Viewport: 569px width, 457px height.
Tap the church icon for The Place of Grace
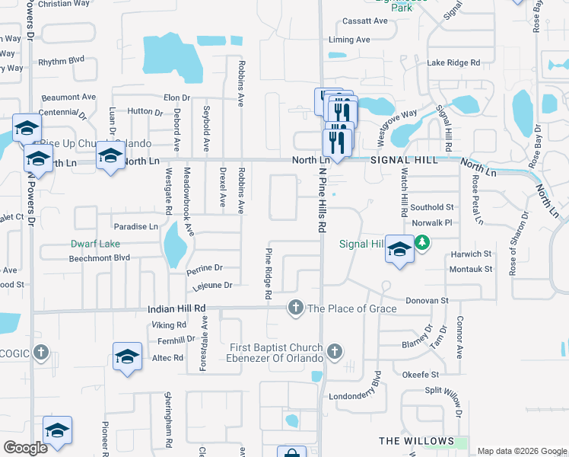295,308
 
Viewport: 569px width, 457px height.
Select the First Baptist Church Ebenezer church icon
335,353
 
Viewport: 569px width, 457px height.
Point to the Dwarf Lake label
96,244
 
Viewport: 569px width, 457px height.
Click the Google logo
25,448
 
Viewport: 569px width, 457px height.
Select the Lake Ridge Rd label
453,62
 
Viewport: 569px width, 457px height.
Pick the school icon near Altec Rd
127,356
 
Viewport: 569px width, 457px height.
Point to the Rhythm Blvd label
62,60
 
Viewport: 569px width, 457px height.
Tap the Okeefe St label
421,375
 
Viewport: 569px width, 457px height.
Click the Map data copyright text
521,451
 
